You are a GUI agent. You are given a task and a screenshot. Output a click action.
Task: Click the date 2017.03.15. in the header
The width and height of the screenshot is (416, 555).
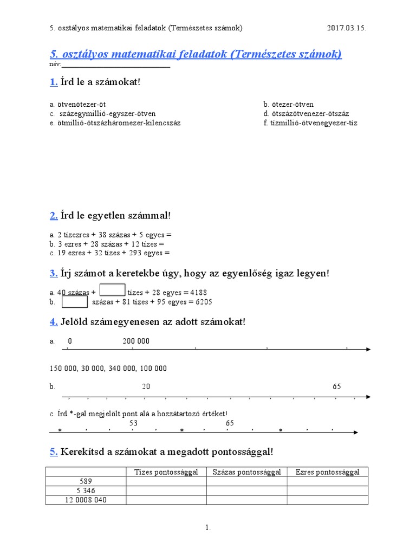coord(347,28)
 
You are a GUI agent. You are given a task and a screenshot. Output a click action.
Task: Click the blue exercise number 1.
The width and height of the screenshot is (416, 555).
coord(53,82)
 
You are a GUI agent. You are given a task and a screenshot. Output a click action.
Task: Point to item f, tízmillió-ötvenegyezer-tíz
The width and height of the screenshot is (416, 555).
coord(310,122)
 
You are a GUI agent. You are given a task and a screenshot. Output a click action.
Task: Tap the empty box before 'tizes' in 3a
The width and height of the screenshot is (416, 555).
coord(113,290)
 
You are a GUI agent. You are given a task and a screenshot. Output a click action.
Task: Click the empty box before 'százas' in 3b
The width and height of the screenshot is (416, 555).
coord(75,301)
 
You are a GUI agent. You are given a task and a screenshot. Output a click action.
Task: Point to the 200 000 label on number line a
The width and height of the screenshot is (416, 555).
coord(136,341)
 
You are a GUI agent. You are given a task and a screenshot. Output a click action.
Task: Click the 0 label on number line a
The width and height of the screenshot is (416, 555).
coord(70,341)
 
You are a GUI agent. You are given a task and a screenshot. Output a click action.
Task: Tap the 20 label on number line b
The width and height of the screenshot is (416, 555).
coord(146,386)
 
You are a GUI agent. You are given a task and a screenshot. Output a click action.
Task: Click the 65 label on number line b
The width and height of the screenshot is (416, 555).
coord(337,386)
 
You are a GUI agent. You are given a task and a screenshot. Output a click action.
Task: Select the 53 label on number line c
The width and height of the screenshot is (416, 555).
coord(134,423)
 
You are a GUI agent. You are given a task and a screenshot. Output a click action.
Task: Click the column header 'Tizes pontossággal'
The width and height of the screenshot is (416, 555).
coord(166,472)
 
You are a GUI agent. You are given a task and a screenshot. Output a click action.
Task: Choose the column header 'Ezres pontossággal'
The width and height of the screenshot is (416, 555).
coord(327,472)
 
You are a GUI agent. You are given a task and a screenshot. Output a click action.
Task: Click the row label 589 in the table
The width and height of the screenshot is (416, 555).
coord(86,481)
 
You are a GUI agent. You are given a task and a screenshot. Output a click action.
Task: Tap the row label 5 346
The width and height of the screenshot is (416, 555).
coord(86,491)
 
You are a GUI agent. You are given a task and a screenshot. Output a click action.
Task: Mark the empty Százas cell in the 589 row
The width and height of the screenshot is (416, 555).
coord(246,481)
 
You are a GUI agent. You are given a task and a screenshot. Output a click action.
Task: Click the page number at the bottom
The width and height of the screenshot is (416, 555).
coord(208,527)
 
